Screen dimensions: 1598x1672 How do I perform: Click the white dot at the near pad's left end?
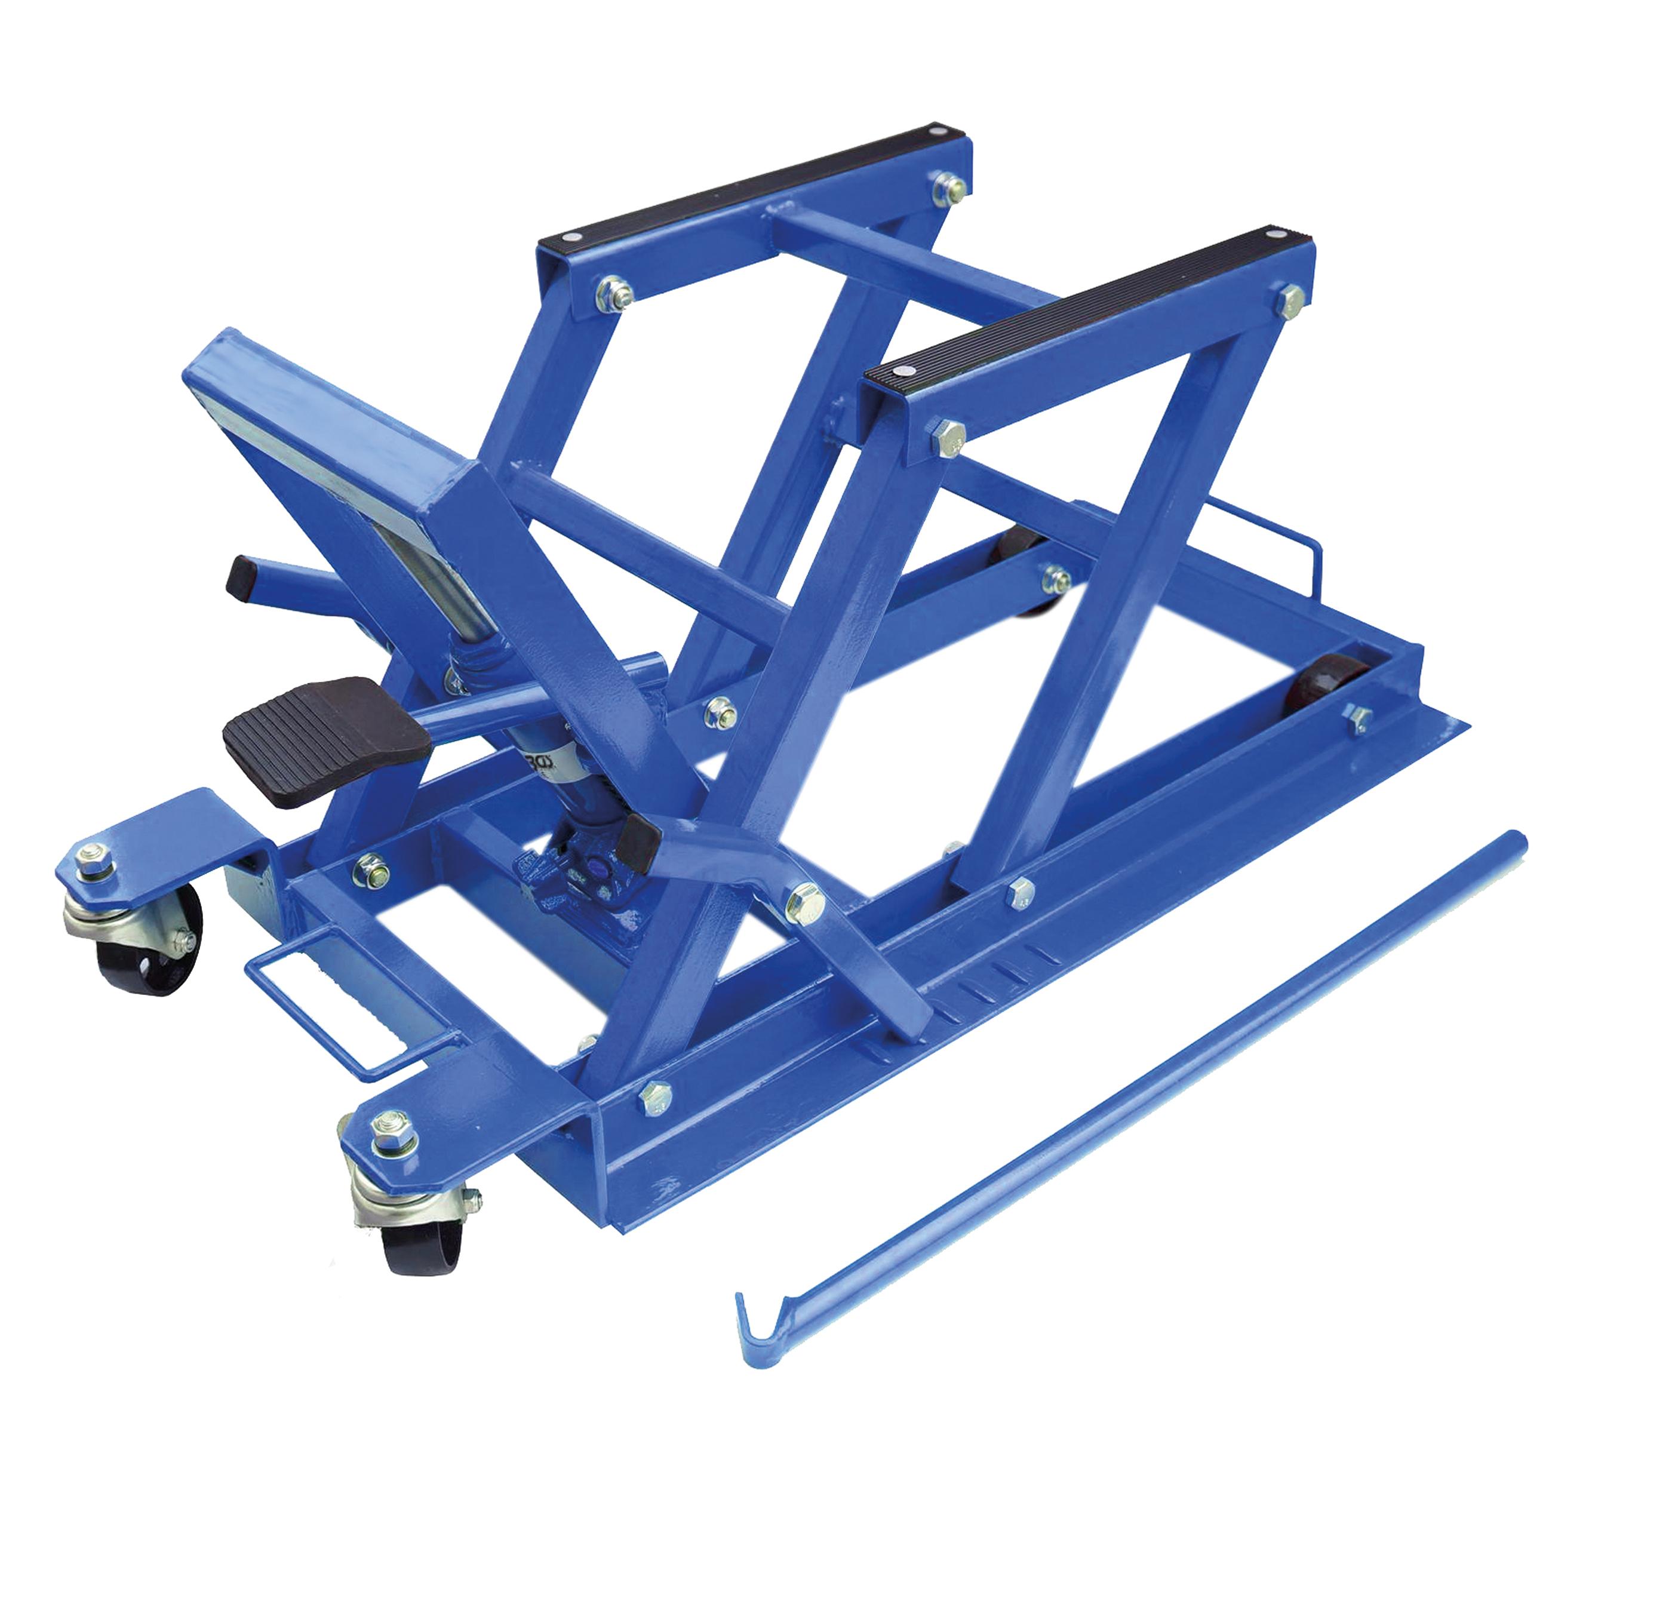900,371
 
